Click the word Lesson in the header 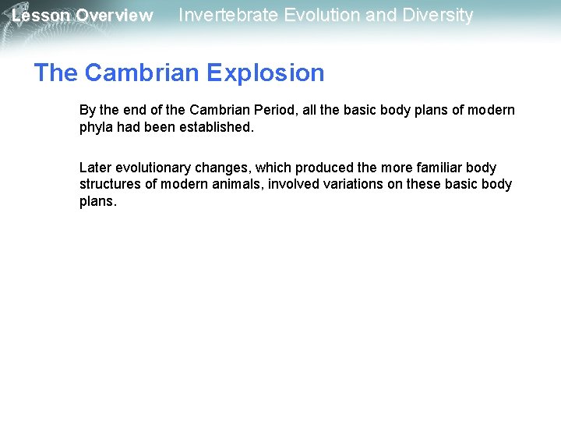41,16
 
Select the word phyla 96,127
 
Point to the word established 217,127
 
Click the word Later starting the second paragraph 95,168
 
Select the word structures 109,184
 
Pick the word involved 293,184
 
